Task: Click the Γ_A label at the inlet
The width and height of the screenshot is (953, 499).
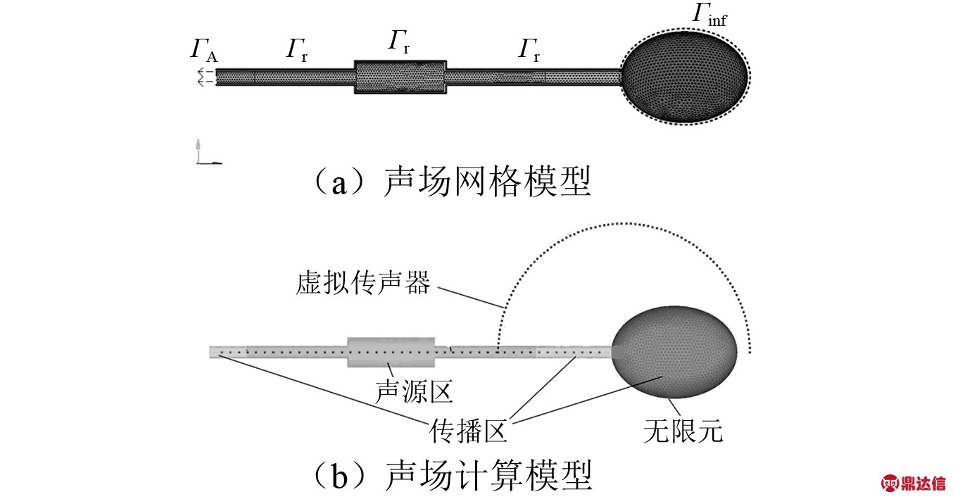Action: pos(203,52)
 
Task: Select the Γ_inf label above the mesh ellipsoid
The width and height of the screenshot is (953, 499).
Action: pos(708,15)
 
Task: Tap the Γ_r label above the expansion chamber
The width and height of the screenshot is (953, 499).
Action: pos(398,42)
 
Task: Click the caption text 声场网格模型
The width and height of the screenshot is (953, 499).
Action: pos(486,182)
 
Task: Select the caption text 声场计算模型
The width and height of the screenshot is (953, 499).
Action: pos(486,475)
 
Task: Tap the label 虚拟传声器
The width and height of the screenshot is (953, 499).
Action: pos(362,284)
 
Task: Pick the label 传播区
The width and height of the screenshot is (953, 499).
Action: pos(469,429)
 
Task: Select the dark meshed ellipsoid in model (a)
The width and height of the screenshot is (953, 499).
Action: pos(685,75)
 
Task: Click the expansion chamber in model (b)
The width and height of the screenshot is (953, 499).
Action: pos(391,351)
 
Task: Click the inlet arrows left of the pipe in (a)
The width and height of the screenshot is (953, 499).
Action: pos(205,77)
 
